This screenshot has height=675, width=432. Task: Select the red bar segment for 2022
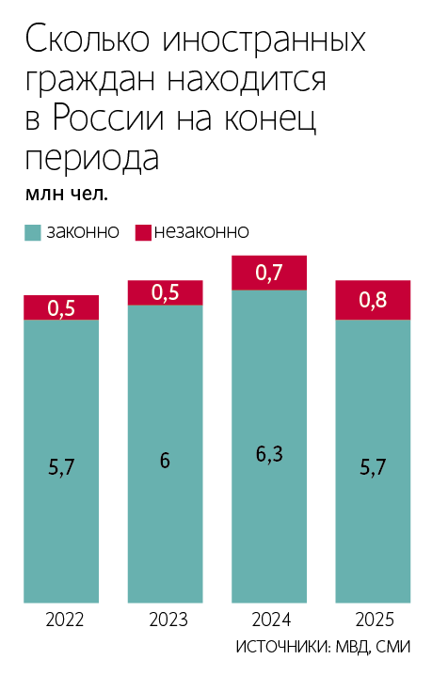[x=61, y=307]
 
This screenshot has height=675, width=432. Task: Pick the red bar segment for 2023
[x=166, y=292]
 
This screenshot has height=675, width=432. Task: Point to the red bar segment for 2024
[x=269, y=273]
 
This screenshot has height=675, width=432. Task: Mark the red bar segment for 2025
[x=374, y=300]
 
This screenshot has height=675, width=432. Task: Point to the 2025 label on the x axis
[x=374, y=620]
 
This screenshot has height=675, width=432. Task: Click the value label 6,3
[x=269, y=455]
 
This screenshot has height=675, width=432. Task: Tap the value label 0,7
[x=269, y=274]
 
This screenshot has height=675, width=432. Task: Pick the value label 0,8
[x=374, y=301]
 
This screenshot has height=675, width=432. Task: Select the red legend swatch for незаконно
[x=144, y=231]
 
